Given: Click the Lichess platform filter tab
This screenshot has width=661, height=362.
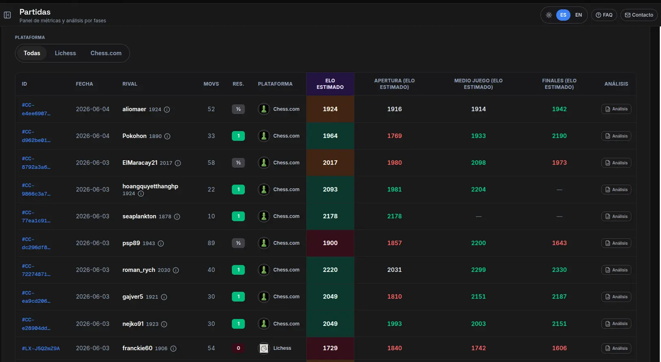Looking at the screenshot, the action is tap(65, 53).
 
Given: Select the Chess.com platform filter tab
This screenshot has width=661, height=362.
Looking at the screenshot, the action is tap(106, 53).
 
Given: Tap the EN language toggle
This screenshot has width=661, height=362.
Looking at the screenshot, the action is tap(578, 15).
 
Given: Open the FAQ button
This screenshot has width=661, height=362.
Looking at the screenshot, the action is tap(604, 15).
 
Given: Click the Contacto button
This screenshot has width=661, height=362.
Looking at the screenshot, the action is tap(639, 15).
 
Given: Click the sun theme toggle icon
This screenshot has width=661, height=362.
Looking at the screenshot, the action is tap(549, 15).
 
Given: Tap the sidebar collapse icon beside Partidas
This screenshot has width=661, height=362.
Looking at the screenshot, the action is tap(7, 15).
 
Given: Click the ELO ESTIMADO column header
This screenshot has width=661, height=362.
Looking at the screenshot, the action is tap(330, 84).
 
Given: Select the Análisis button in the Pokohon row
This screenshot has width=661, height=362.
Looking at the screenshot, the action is tap(616, 136).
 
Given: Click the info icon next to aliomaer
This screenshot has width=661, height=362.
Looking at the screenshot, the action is tap(167, 110).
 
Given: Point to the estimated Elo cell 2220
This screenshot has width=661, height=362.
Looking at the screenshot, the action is tap(330, 270).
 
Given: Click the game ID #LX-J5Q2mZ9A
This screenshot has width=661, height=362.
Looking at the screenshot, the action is tap(41, 349).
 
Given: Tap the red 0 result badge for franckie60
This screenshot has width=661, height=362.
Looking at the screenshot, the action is tap(238, 348).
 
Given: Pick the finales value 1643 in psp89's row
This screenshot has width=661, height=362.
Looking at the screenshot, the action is tap(559, 243).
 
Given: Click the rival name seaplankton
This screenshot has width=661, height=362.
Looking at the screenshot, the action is tap(139, 216).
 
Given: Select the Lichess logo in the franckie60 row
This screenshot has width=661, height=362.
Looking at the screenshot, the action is tap(264, 349).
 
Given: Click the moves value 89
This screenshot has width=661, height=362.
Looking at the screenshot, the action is tap(211, 243).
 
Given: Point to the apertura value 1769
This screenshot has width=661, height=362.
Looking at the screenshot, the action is tap(395, 136).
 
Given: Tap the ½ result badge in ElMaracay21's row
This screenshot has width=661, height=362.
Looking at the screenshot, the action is tap(238, 163).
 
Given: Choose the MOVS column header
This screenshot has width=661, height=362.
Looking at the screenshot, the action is tap(211, 84).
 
